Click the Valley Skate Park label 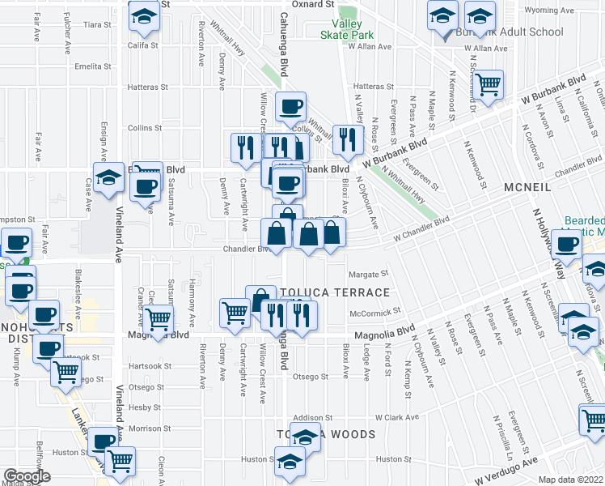[x=345, y=29]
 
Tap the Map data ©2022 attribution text [x=570, y=480]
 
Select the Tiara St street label [x=96, y=25]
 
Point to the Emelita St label [x=91, y=66]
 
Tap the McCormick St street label [x=375, y=312]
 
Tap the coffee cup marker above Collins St [x=290, y=105]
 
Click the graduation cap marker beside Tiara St [x=144, y=17]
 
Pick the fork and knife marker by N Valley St [x=347, y=139]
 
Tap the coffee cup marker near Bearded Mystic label [x=566, y=244]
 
